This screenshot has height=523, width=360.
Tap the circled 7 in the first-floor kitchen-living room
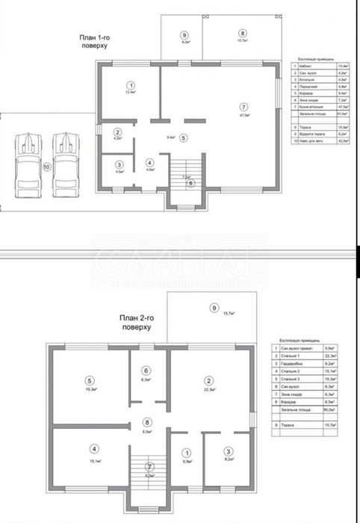243,105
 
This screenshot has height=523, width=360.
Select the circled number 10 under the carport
48,168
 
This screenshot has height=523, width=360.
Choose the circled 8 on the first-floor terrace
242,33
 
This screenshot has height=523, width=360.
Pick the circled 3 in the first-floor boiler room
119,164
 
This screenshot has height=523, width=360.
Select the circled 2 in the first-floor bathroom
118,131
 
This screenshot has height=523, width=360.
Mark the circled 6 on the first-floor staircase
190,182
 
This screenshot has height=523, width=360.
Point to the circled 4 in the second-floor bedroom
94,449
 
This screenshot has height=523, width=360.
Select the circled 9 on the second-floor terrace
214,308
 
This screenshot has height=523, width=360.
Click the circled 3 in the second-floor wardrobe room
229,451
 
